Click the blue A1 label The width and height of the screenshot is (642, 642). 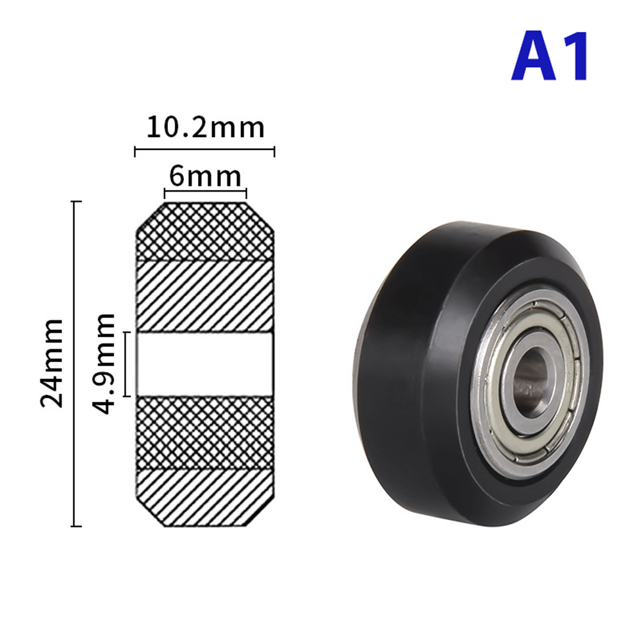(x=550, y=56)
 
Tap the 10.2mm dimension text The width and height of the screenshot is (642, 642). (x=206, y=128)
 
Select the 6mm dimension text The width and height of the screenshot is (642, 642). (x=205, y=176)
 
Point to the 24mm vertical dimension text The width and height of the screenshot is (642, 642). (x=53, y=363)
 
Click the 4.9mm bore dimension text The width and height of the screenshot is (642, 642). (x=104, y=363)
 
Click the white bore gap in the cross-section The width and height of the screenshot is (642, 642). (x=205, y=364)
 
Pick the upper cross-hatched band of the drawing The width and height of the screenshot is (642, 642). (x=205, y=232)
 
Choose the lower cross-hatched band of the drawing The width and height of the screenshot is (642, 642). (x=205, y=432)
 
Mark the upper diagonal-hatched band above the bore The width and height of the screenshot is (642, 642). (x=205, y=297)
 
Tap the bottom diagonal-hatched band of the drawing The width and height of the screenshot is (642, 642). (x=205, y=497)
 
